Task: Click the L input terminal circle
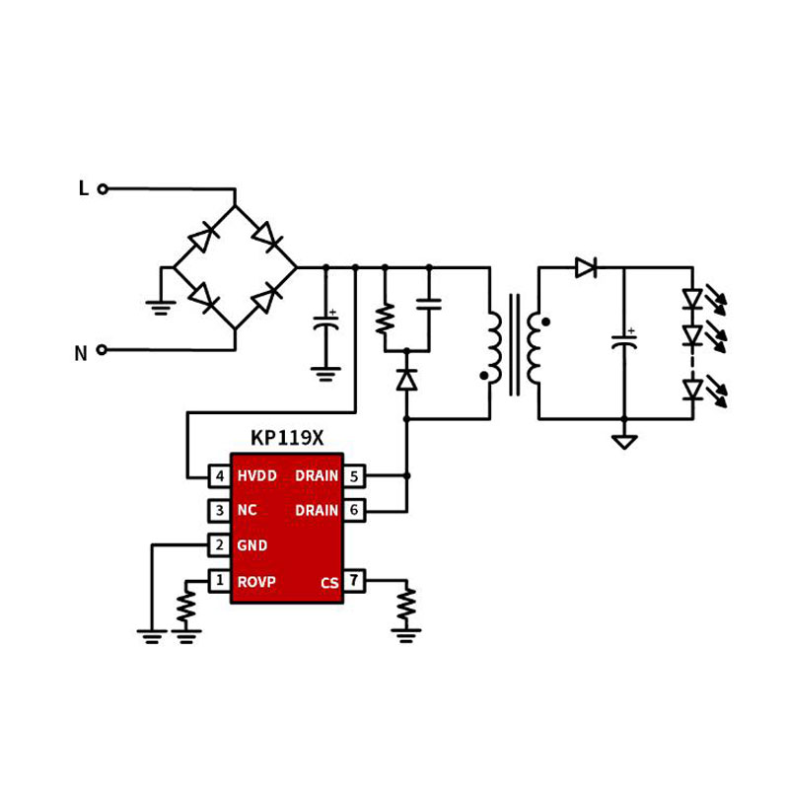point(103,188)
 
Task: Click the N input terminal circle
point(103,349)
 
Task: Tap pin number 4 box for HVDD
point(220,476)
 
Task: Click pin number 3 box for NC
point(220,511)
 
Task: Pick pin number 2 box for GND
point(220,545)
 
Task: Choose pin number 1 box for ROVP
point(220,581)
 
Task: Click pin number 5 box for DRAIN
point(354,476)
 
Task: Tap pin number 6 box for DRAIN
point(354,511)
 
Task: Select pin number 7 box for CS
point(354,581)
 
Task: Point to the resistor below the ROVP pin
point(186,606)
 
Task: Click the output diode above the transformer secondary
point(586,267)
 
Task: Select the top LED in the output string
point(692,298)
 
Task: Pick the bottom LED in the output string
point(692,391)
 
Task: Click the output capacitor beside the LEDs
point(623,343)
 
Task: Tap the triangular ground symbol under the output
point(623,441)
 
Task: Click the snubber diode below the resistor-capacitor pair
point(406,380)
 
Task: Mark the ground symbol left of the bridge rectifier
point(161,307)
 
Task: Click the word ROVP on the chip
point(256,582)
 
